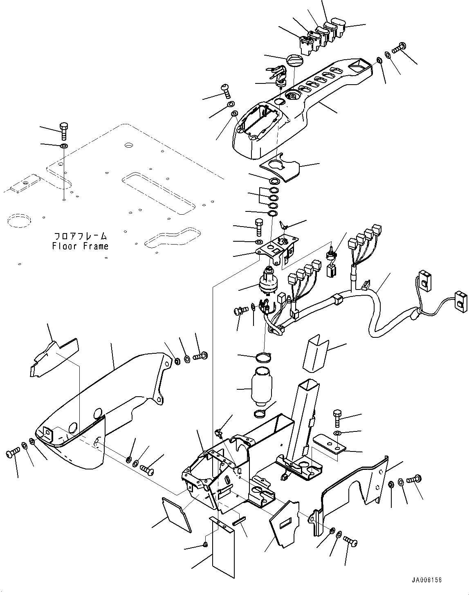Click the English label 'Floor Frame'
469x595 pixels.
point(80,246)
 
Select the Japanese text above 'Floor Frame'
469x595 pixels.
point(80,236)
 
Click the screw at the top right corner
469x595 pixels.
point(398,48)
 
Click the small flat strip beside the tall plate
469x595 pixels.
point(238,521)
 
